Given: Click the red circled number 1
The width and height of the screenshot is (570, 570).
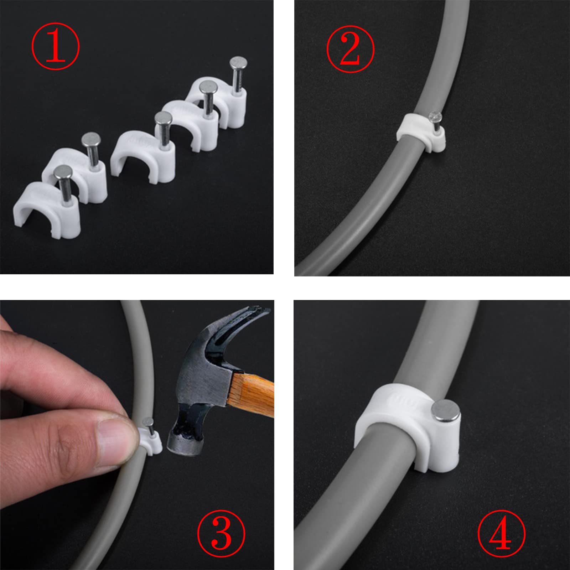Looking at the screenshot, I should [x=56, y=46].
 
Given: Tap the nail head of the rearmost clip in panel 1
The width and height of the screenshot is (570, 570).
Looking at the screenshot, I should [x=239, y=63].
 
